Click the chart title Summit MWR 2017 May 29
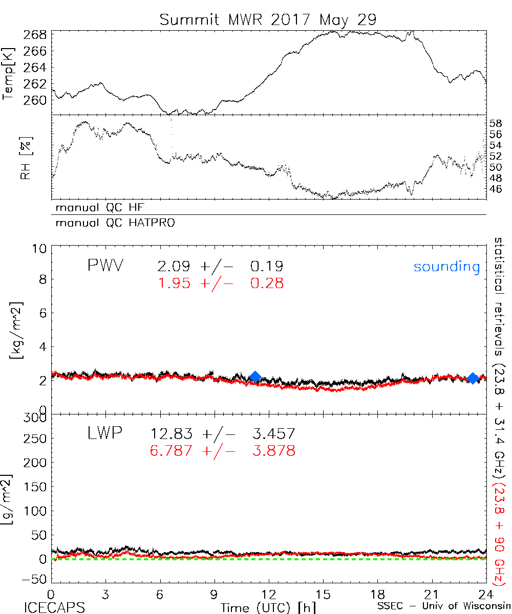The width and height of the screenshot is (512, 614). point(268,19)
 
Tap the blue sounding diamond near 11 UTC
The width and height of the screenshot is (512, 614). point(254,378)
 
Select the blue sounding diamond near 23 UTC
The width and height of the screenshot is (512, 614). point(473,378)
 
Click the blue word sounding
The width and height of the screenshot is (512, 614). point(447,267)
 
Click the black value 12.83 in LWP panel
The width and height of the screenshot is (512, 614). point(172,434)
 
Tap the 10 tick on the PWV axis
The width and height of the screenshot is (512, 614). point(41,248)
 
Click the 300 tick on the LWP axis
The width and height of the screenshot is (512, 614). point(35,418)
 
